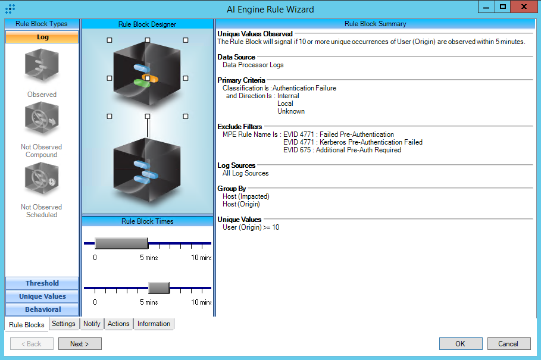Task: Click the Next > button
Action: tap(80, 343)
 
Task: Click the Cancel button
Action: tap(508, 343)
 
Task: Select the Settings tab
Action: tap(63, 324)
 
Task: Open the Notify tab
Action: tap(92, 324)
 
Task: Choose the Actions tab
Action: tap(118, 324)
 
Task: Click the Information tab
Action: tap(154, 324)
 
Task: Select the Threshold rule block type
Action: tap(42, 283)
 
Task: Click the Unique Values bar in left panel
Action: tap(42, 296)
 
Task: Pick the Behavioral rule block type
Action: tap(42, 309)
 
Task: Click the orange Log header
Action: tap(42, 37)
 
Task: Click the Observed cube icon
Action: tap(42, 65)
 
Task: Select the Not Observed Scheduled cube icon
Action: tap(42, 182)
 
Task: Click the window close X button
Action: tap(523, 7)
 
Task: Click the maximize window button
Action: tap(503, 7)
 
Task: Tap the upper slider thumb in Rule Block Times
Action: tap(121, 243)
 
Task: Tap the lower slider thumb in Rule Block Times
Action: tap(159, 288)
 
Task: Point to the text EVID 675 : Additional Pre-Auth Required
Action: tap(342, 150)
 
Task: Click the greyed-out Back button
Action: tap(32, 343)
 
